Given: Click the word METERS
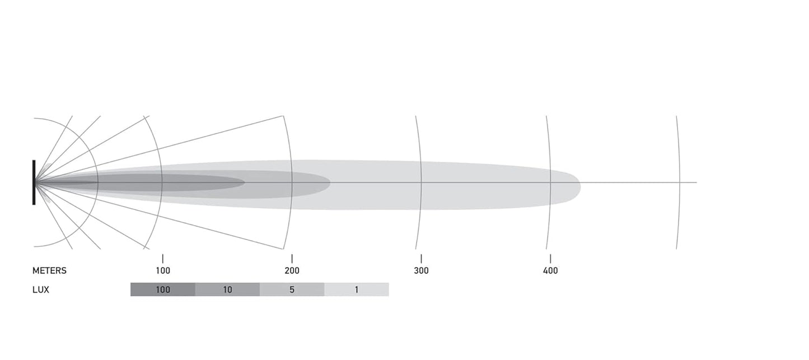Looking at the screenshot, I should (49, 271).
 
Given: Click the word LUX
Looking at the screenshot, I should (41, 290).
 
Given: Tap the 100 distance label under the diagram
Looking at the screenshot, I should (163, 271).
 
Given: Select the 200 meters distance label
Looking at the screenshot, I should (292, 271).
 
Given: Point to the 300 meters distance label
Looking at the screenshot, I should (421, 271).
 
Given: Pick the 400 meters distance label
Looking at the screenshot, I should (550, 271).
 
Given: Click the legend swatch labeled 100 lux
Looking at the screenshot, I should (163, 289).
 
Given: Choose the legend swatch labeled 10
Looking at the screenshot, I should (227, 289).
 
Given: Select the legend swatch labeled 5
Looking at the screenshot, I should (292, 289).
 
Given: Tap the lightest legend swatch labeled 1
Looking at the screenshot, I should (356, 289).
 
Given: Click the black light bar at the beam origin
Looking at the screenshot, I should (34, 183).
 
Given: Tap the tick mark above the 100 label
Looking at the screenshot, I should (163, 259).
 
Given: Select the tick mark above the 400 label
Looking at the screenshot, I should (550, 259).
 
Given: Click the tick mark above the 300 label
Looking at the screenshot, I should (421, 259).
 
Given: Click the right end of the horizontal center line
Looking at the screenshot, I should (696, 183).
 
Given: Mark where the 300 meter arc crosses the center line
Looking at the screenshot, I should (422, 183).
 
